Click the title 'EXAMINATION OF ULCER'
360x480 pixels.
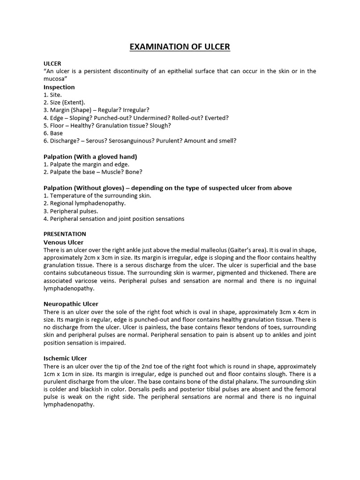(x=180, y=47)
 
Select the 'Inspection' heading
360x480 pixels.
(x=59, y=87)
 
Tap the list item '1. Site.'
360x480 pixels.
(x=52, y=95)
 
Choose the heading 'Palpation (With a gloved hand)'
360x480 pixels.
(x=90, y=157)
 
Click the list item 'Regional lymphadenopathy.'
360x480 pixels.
(x=84, y=203)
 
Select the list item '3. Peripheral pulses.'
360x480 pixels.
(x=70, y=211)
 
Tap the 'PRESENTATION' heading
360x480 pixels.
(x=65, y=234)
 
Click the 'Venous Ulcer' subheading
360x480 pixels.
(x=63, y=242)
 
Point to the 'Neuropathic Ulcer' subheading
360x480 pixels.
(x=71, y=304)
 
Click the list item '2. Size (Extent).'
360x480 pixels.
(x=65, y=102)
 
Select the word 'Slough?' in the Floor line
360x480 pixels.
(x=160, y=126)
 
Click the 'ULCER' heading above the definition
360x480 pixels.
(x=52, y=63)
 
